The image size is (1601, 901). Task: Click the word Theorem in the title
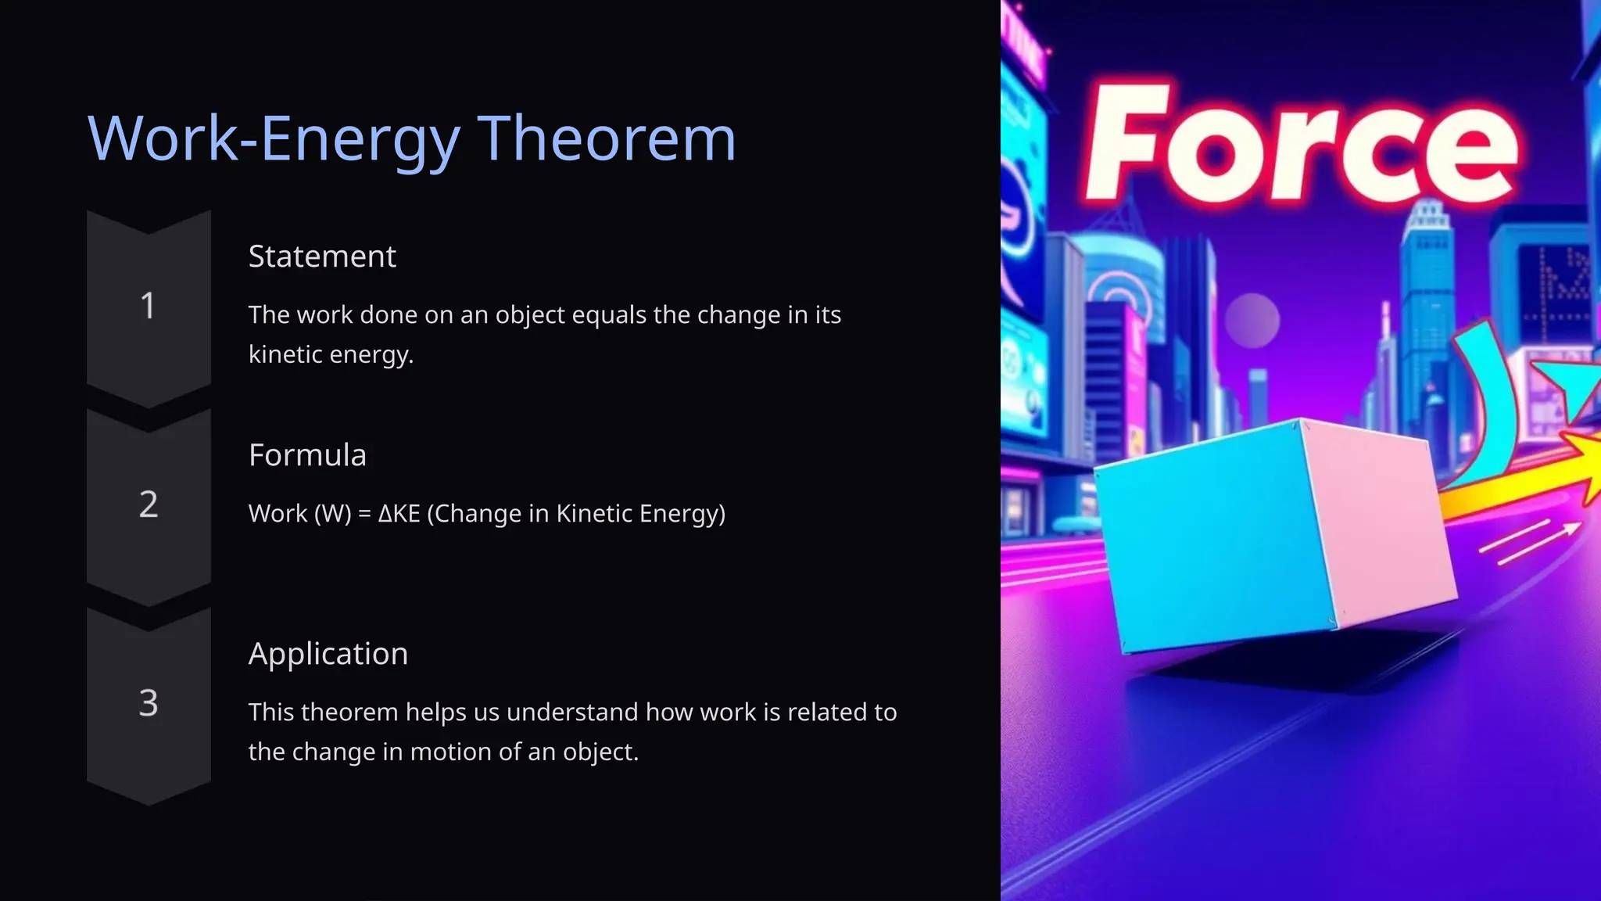[607, 138]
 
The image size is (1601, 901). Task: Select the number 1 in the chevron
[148, 306]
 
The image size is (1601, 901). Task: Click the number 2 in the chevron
[149, 504]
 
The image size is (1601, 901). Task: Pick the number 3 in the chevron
[149, 702]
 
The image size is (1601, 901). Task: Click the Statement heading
[322, 257]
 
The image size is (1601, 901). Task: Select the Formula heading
[307, 455]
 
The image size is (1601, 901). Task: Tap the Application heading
[328, 654]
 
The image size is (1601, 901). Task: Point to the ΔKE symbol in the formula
[399, 514]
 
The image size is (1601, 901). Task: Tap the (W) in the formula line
[332, 514]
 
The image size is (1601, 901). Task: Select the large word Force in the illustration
[1301, 145]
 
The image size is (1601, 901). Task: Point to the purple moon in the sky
[1252, 321]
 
